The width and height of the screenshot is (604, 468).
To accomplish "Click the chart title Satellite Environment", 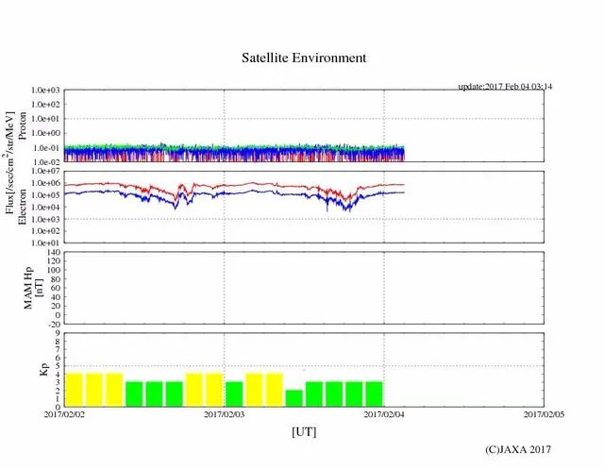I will tap(303, 58).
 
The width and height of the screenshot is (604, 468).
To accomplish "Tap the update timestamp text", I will tap(504, 87).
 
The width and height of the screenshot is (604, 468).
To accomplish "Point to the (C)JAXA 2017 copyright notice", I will tap(517, 450).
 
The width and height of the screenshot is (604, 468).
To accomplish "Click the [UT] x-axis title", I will tap(303, 430).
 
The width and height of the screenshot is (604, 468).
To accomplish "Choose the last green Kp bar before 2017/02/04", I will tap(374, 393).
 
